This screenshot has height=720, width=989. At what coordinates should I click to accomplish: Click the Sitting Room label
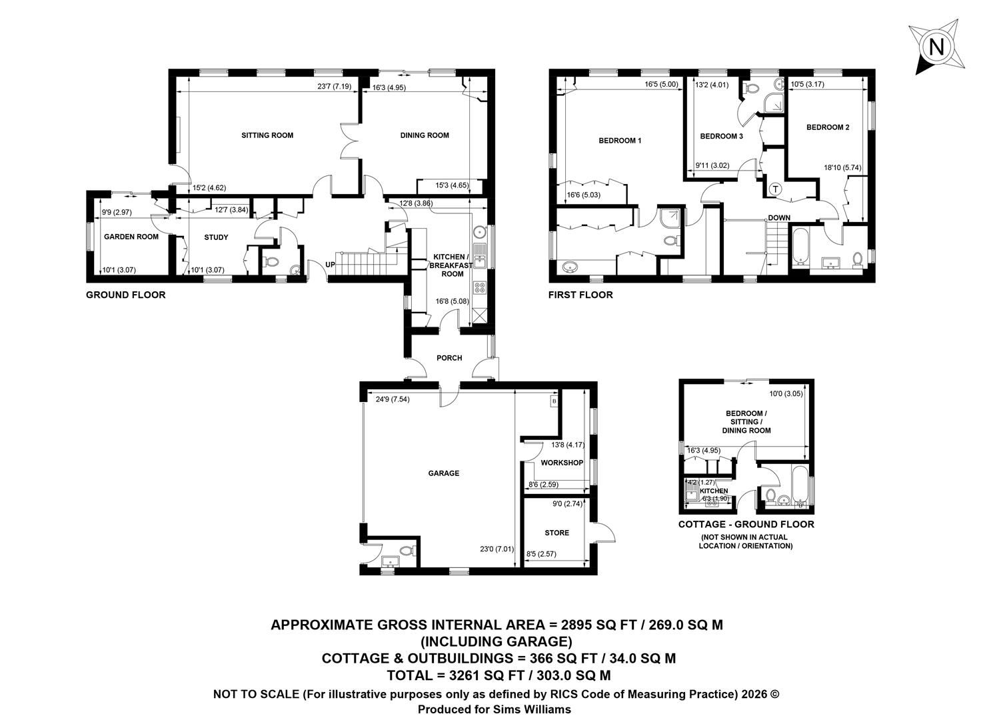[267, 135]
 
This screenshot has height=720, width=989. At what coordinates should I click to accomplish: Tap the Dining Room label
[425, 135]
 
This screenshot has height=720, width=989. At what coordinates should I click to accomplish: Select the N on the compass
[937, 47]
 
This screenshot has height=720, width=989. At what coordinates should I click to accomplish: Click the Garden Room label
[131, 237]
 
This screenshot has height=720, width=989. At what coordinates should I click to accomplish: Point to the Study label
[216, 237]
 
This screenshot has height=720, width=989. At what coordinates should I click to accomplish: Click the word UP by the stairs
[330, 265]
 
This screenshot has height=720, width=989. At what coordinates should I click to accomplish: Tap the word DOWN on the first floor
[779, 218]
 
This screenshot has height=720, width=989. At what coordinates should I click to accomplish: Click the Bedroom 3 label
[722, 136]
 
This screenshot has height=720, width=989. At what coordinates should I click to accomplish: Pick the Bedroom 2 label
[828, 127]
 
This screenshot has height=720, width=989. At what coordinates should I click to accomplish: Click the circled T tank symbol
[776, 189]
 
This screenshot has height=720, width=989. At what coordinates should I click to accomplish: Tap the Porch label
[449, 358]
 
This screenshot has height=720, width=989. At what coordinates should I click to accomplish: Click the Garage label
[443, 473]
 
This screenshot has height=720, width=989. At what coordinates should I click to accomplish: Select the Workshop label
[562, 463]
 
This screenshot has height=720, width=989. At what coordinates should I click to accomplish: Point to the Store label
[556, 533]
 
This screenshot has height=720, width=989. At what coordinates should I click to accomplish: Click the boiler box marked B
[554, 401]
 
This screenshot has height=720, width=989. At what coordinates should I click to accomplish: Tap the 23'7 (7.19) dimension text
[335, 87]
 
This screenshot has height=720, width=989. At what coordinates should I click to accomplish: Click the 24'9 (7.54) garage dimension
[393, 399]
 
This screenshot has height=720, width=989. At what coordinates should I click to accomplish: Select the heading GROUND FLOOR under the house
[125, 295]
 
